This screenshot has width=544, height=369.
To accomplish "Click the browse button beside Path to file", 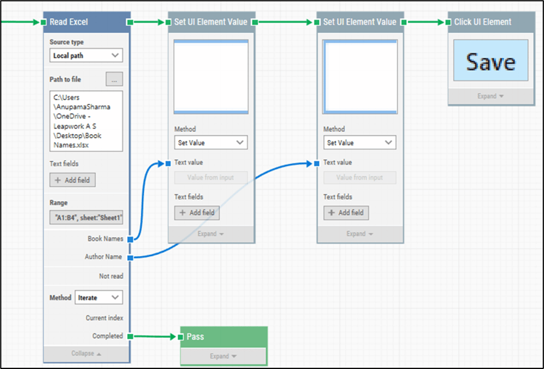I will coord(114,80).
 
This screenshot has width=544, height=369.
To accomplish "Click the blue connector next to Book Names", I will coord(130,239).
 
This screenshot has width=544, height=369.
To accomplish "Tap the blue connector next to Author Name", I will coord(130,257).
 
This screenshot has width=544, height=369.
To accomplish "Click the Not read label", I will coord(111,276).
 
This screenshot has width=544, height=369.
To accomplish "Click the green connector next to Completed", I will coord(130,337).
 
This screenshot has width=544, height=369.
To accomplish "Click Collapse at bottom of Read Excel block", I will coord(86,354).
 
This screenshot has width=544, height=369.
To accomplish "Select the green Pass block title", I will coord(195,337).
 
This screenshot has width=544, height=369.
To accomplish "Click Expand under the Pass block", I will coord(223,356).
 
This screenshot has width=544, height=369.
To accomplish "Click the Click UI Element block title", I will coord(482,22).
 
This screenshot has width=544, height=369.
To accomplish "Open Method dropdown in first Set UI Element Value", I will coord(211,143).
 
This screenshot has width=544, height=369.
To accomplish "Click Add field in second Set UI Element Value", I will coord(346,213).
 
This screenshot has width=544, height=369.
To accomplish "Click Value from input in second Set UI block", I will coord(359,178).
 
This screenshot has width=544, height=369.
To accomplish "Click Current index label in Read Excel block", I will coord(104,318).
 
